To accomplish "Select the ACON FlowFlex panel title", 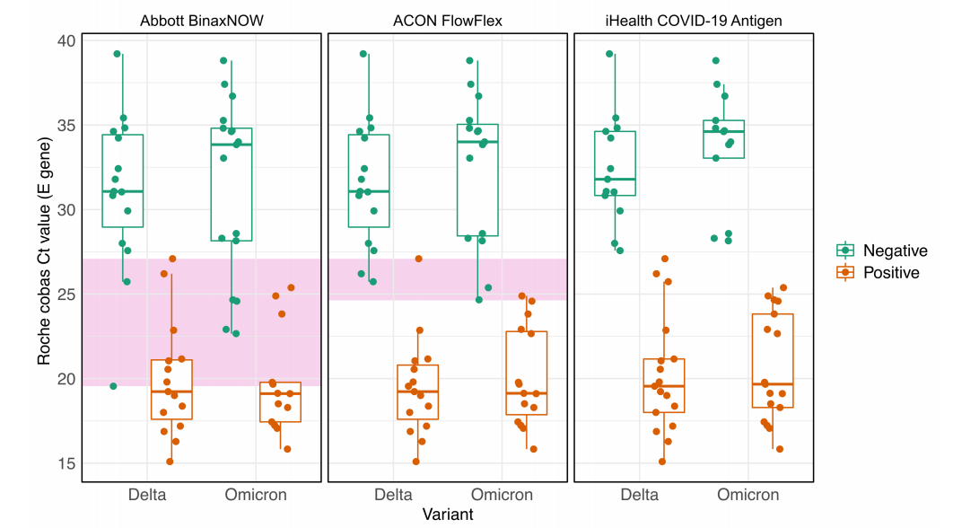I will click(x=448, y=21).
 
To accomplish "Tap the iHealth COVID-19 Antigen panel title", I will click(x=694, y=21).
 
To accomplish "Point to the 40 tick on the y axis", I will click(x=67, y=40).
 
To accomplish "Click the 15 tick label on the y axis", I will click(x=67, y=463).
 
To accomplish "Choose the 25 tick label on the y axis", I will click(x=67, y=295).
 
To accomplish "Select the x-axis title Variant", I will click(x=448, y=515).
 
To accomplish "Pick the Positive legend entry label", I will click(x=891, y=272).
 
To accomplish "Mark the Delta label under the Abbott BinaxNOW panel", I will click(x=147, y=495).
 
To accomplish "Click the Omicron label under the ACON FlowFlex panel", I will click(x=503, y=495).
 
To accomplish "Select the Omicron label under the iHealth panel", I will click(x=748, y=495).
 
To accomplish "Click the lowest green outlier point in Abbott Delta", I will click(x=113, y=386).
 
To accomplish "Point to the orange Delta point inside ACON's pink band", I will click(x=418, y=259).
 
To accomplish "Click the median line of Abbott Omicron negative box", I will click(x=231, y=145).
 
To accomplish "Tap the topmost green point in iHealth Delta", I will click(x=609, y=54).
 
